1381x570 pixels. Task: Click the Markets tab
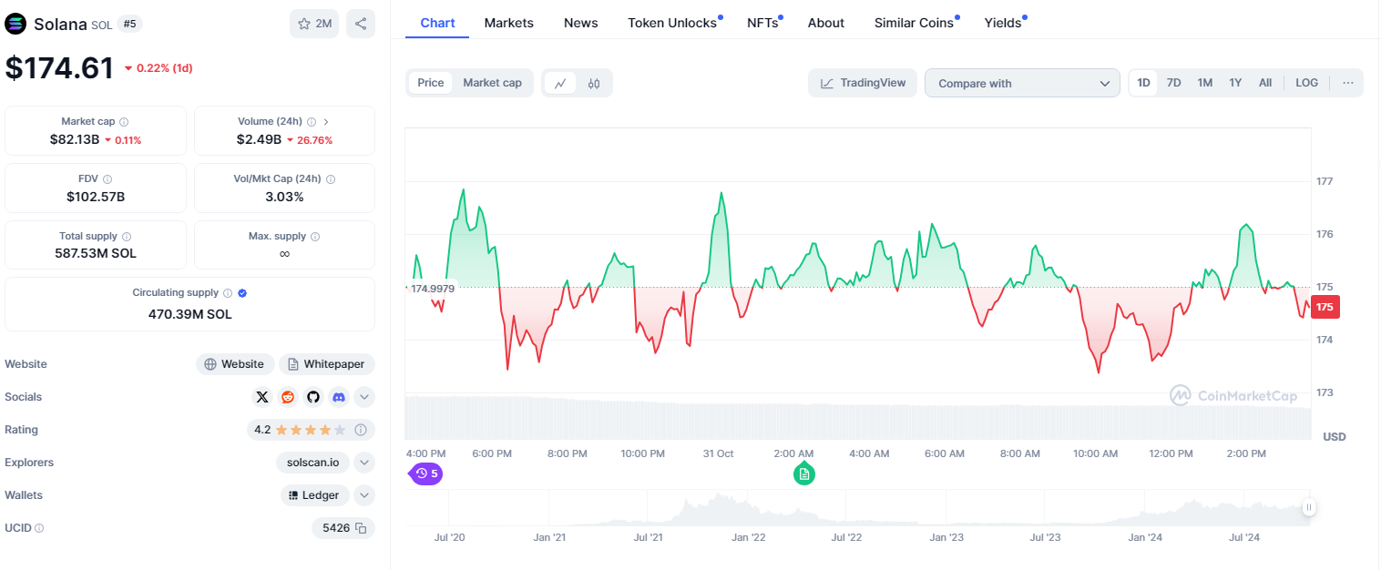508,23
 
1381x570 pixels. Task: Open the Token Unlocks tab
672,23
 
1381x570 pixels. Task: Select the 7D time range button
1173,83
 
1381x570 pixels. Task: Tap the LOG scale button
1306,83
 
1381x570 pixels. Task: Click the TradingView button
863,83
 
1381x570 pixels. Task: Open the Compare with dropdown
1022,83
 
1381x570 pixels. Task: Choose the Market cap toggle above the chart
492,83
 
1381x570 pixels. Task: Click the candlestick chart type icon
594,84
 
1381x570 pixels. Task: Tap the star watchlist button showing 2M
314,24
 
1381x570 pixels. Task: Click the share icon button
361,24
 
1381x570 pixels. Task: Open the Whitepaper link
326,364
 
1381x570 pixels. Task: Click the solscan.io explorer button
312,463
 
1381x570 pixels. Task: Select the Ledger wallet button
314,495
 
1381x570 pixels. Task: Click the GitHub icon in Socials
313,397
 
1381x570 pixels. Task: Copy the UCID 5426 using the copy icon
361,528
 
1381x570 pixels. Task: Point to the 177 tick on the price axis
1325,181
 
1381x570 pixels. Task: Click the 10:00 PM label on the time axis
643,453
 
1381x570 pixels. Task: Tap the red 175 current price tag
1325,307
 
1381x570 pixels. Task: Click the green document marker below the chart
803,473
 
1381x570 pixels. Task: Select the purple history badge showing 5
426,473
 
